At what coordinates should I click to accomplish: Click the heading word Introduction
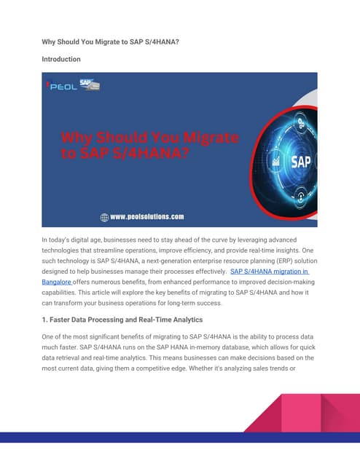pyautogui.click(x=60, y=59)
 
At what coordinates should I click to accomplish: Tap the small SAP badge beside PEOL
pyautogui.click(x=89, y=84)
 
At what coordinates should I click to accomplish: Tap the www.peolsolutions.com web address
pyautogui.click(x=146, y=216)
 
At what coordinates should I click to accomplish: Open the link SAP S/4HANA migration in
pyautogui.click(x=270, y=271)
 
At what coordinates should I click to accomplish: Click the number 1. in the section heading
pyautogui.click(x=46, y=320)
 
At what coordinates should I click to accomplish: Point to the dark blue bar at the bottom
pyautogui.click(x=180, y=437)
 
